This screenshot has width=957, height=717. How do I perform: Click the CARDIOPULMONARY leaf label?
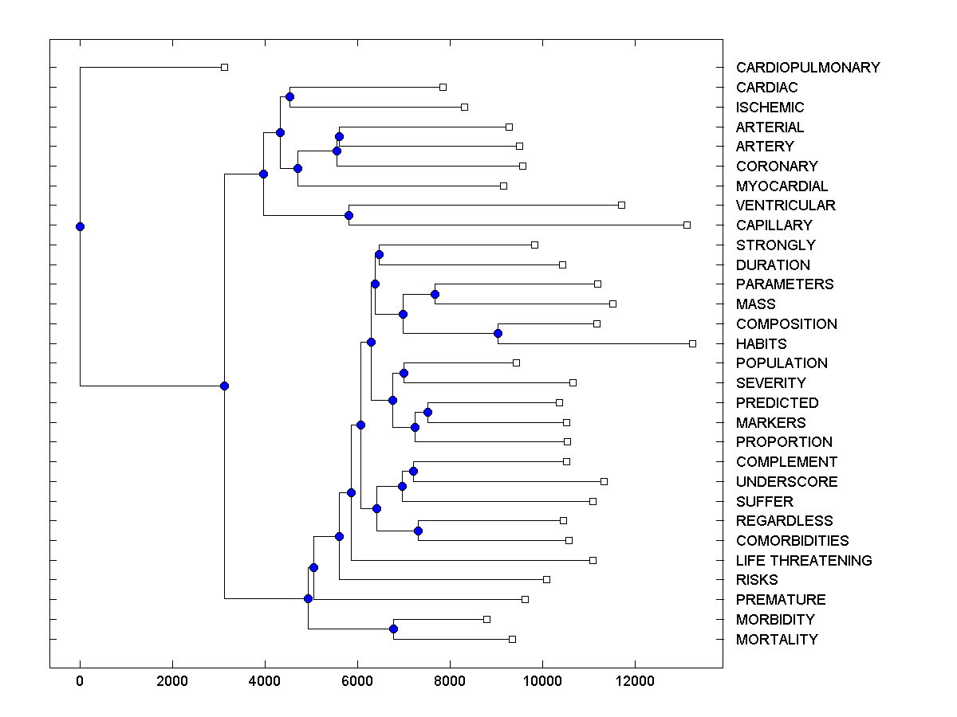[x=807, y=68]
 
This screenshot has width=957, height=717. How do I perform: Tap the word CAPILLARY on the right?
[x=774, y=225]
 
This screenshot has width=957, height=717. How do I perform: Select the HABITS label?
[x=761, y=344]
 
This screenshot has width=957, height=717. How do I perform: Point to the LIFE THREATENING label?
[x=803, y=561]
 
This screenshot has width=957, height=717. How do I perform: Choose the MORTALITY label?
[x=776, y=640]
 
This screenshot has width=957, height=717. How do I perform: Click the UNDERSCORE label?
[x=786, y=482]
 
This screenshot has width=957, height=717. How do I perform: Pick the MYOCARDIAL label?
[x=782, y=186]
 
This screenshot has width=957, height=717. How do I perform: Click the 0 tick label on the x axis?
[x=80, y=681]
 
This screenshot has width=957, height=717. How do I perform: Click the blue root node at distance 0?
[x=80, y=226]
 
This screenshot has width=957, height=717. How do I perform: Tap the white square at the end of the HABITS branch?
[x=692, y=343]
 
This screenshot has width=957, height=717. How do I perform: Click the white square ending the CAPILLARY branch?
[x=687, y=225]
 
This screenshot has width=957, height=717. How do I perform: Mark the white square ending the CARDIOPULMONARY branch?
[x=224, y=67]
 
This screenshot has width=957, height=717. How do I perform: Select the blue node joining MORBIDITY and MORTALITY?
[x=393, y=629]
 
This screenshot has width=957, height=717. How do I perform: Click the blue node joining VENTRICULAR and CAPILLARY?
[x=349, y=215]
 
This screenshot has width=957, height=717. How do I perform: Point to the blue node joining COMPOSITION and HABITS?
[x=498, y=333]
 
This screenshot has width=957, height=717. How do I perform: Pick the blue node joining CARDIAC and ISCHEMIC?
[x=289, y=96]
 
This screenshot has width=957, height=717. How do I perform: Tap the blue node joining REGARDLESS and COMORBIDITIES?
[x=418, y=531]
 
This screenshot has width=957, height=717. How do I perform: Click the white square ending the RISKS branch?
[x=546, y=579]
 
